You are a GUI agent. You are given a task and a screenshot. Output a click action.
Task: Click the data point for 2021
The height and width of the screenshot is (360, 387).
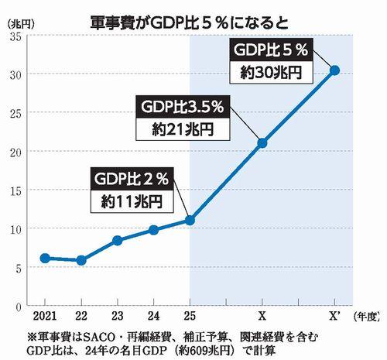pos(45,258)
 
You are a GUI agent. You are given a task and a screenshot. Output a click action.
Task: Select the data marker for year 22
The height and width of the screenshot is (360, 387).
pos(81,260)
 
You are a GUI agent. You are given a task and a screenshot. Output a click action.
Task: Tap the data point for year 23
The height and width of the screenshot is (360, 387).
pos(117,240)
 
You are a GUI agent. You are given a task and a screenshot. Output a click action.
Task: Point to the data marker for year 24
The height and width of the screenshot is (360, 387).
pos(153,230)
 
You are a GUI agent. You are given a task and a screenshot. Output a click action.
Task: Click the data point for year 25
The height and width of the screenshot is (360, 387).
pos(190,220)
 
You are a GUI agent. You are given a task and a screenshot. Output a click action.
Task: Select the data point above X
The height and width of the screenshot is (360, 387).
pos(262,142)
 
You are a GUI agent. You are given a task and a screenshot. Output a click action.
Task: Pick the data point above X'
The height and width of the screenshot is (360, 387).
pos(334,70)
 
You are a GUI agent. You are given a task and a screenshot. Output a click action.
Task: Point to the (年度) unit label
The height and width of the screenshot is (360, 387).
pos(368,317)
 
